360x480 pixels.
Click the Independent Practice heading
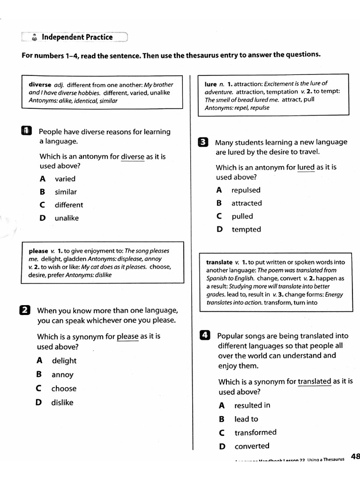77,37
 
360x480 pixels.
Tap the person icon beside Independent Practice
34,37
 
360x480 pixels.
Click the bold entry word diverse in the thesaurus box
40,85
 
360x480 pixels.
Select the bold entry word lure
210,84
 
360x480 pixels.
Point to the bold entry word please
38,251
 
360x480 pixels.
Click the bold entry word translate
219,262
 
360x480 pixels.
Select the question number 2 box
25,310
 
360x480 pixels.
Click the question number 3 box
202,142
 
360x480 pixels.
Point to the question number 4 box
204,335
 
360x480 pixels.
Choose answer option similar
66,192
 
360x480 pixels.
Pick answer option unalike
67,218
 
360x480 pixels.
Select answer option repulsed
246,190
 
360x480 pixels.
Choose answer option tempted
246,230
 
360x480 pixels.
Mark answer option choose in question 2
64,389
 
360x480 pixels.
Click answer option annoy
62,375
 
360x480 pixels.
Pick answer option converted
252,446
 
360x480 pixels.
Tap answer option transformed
255,433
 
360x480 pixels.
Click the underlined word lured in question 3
306,167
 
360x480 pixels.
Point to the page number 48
355,457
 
